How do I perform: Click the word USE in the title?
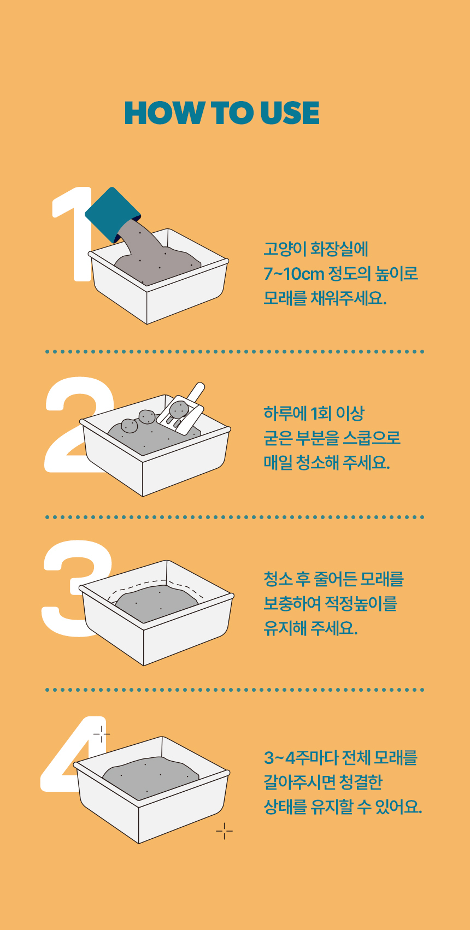290,113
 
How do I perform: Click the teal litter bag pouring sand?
112,214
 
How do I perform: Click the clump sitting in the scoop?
179,409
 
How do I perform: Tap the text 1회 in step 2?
321,413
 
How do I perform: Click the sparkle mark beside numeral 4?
102,734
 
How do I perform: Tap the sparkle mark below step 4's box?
224,831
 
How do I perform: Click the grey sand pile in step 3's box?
156,603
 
